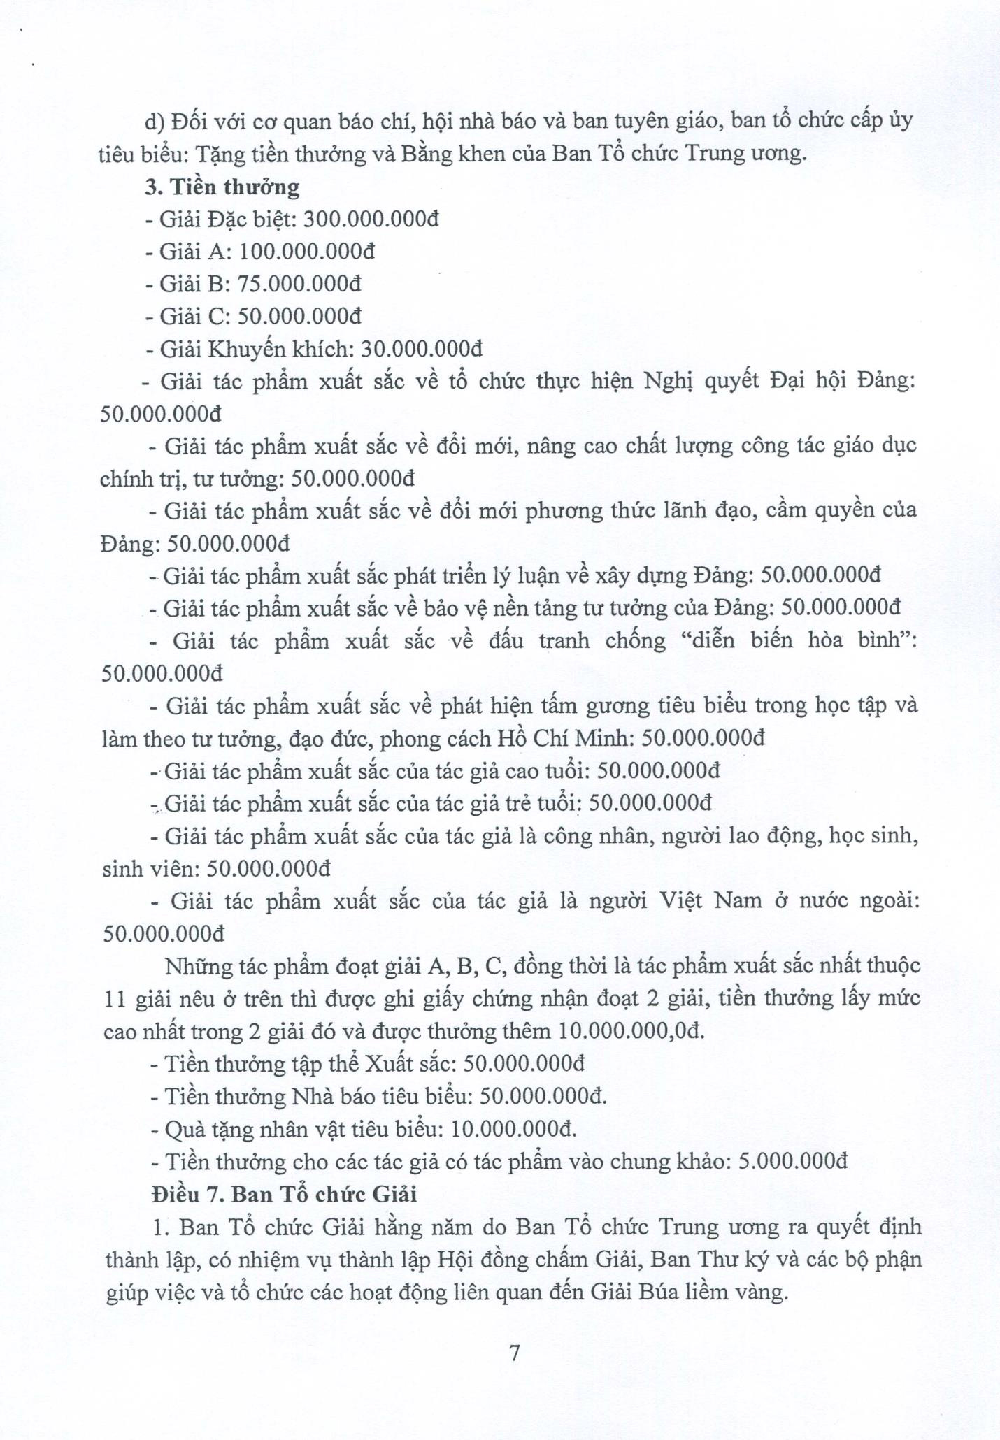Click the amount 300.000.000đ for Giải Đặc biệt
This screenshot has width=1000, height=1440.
tap(362, 219)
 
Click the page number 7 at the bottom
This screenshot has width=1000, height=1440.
tap(515, 1353)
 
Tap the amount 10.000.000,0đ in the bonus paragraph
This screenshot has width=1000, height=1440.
tap(632, 1031)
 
